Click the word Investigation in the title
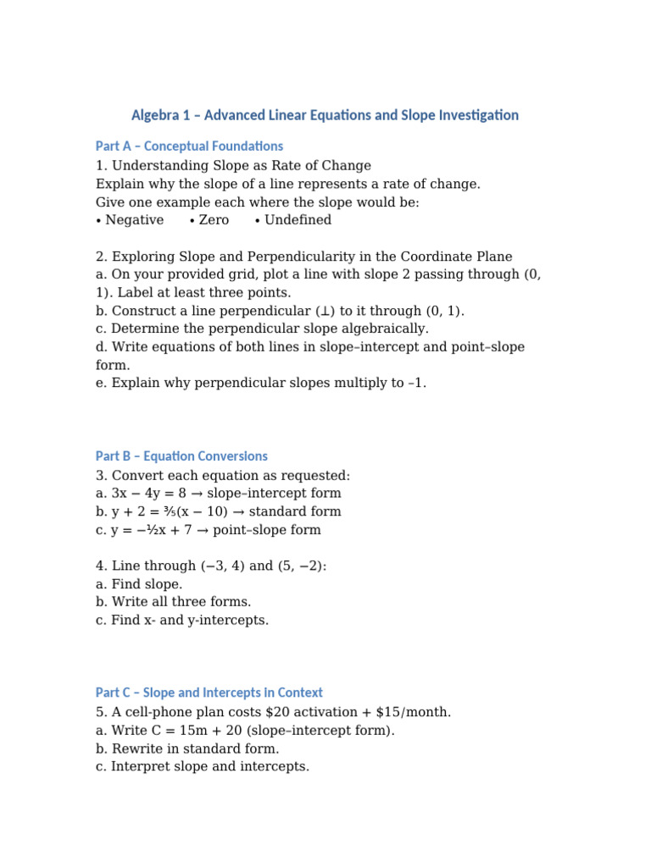point(476,115)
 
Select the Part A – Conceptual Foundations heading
point(189,146)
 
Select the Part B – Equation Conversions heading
point(181,456)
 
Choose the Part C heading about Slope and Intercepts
point(209,693)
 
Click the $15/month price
point(412,712)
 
